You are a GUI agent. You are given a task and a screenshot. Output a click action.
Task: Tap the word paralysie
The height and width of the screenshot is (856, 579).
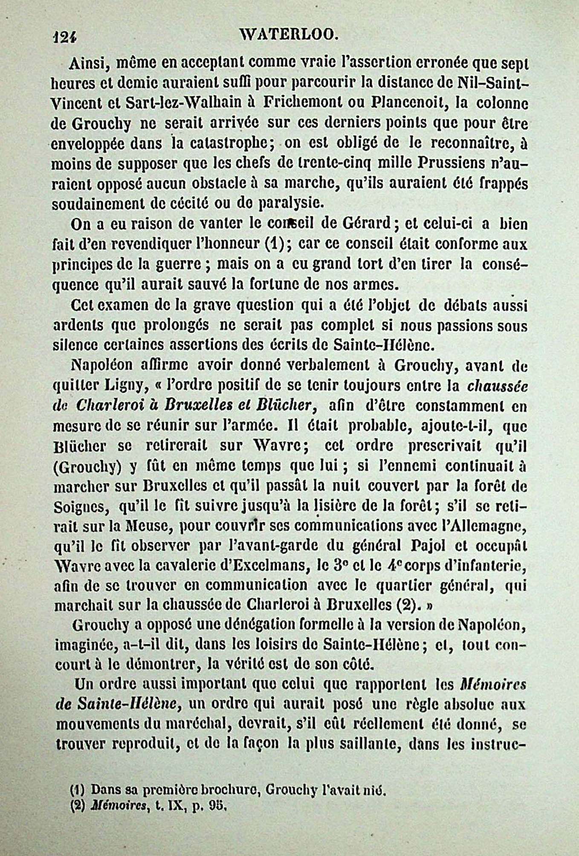(x=289, y=203)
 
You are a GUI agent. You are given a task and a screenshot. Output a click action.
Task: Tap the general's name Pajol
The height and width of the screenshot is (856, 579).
(x=437, y=546)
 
